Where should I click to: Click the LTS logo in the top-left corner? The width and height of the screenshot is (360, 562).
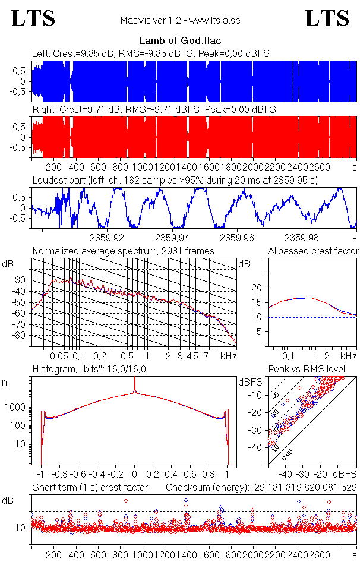click(x=33, y=18)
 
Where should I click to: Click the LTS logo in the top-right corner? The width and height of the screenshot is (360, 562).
click(x=327, y=18)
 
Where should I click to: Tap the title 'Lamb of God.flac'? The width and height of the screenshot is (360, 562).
click(x=179, y=41)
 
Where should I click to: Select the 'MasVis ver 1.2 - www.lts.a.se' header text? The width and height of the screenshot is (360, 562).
click(x=180, y=21)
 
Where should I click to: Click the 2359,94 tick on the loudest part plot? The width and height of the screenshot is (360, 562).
click(x=172, y=238)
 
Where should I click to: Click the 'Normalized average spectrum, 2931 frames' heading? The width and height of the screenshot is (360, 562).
click(x=124, y=251)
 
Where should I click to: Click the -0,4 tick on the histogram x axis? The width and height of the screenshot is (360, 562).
click(x=96, y=475)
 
